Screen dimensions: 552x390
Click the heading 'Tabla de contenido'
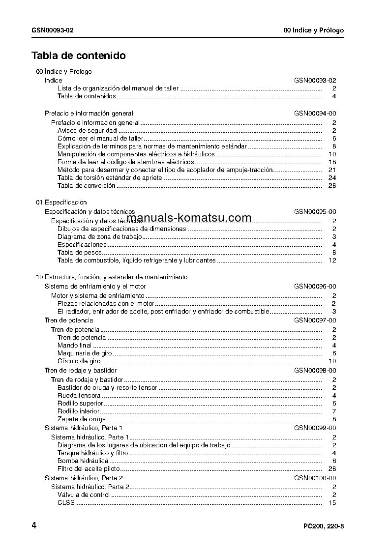(79, 56)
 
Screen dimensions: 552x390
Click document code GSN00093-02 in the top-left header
(53, 30)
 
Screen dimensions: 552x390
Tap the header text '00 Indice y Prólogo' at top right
(314, 30)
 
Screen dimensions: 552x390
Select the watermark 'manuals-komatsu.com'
(189, 218)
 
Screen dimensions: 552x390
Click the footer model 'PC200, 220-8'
(324, 526)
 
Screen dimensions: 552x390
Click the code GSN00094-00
(315, 114)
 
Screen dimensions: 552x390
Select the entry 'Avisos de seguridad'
(87, 131)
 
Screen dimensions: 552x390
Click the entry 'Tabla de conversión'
(86, 186)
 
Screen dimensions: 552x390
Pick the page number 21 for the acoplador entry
(331, 170)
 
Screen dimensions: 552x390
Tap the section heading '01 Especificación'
(61, 203)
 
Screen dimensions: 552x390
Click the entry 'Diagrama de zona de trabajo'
(100, 237)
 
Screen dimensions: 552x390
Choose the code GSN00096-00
(315, 287)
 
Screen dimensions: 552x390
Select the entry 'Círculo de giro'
(79, 361)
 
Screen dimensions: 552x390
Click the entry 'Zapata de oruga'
(82, 419)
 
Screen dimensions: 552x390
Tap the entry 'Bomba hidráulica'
(83, 461)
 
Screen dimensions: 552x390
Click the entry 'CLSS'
(65, 503)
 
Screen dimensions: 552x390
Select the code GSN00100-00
(315, 478)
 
